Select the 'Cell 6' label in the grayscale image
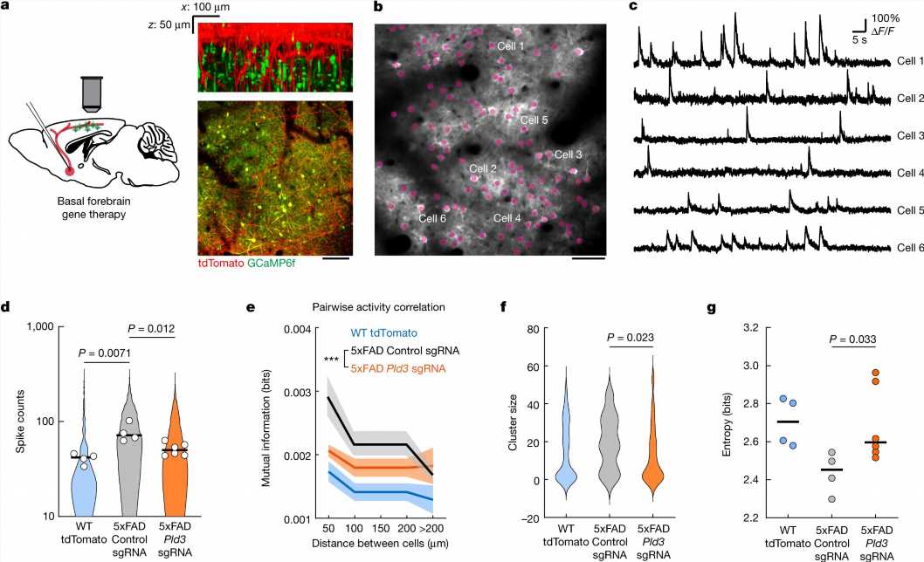(x=432, y=217)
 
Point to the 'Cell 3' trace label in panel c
(x=910, y=136)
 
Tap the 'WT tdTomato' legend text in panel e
(x=390, y=332)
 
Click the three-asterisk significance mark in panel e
(x=331, y=360)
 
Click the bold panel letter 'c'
(x=632, y=8)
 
